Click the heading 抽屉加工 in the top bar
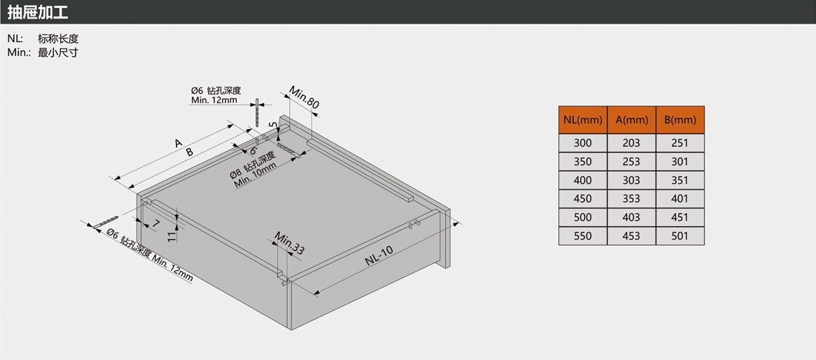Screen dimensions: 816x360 [38, 12]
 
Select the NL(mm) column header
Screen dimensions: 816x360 [583, 120]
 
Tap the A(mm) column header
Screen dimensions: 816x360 [632, 120]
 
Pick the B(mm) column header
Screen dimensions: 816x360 [680, 120]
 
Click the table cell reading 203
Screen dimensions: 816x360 [631, 143]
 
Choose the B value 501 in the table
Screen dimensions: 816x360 [680, 236]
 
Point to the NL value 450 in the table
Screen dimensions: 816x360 [583, 199]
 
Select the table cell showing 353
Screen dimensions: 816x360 [631, 199]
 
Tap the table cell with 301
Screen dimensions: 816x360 [680, 162]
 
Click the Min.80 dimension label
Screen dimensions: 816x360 [304, 97]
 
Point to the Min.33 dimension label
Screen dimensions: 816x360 [289, 244]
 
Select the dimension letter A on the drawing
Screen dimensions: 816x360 [178, 142]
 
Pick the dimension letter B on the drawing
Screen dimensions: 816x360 [190, 152]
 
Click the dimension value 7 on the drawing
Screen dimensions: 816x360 [155, 224]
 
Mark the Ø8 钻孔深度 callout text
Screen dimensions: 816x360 [252, 165]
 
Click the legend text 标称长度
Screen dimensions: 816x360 [58, 39]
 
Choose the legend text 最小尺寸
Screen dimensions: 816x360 [58, 52]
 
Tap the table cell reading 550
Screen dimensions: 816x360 [583, 236]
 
